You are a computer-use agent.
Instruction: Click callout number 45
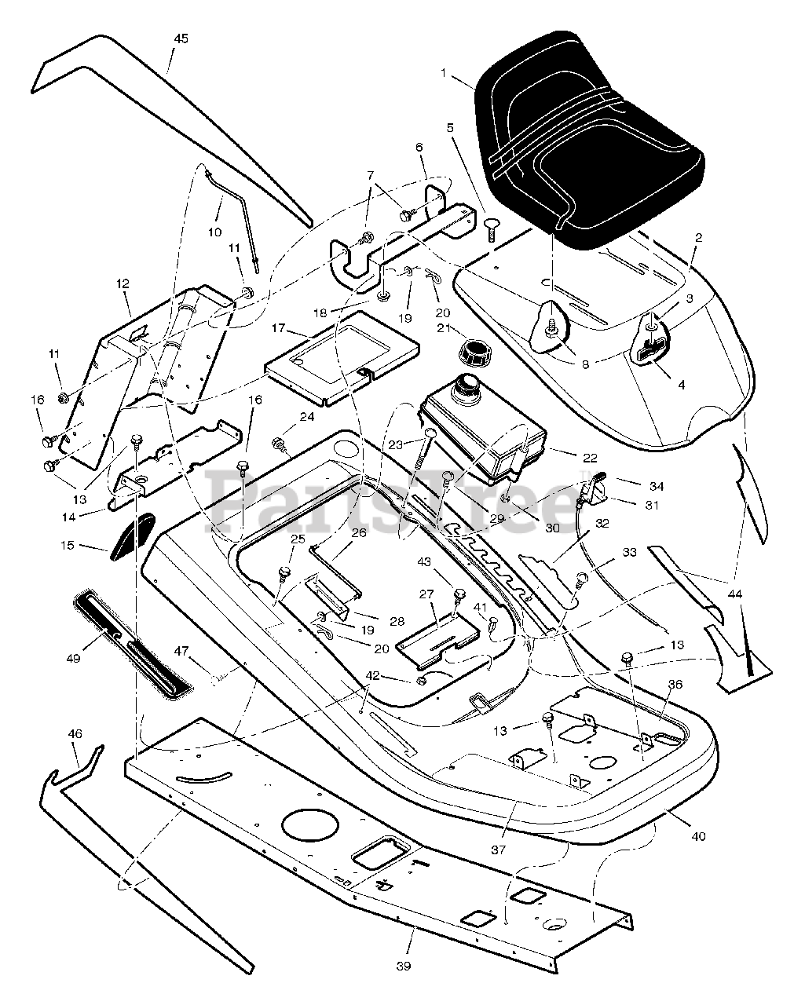click(x=181, y=38)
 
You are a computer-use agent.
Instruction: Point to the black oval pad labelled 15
click(x=132, y=536)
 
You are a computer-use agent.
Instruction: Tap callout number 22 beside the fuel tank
click(x=590, y=458)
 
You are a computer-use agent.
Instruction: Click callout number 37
click(x=499, y=850)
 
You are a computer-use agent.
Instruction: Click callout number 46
click(x=75, y=733)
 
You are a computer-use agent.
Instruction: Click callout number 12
click(x=123, y=283)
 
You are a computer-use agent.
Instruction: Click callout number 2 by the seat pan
click(x=698, y=238)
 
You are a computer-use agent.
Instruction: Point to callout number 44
click(x=735, y=594)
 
